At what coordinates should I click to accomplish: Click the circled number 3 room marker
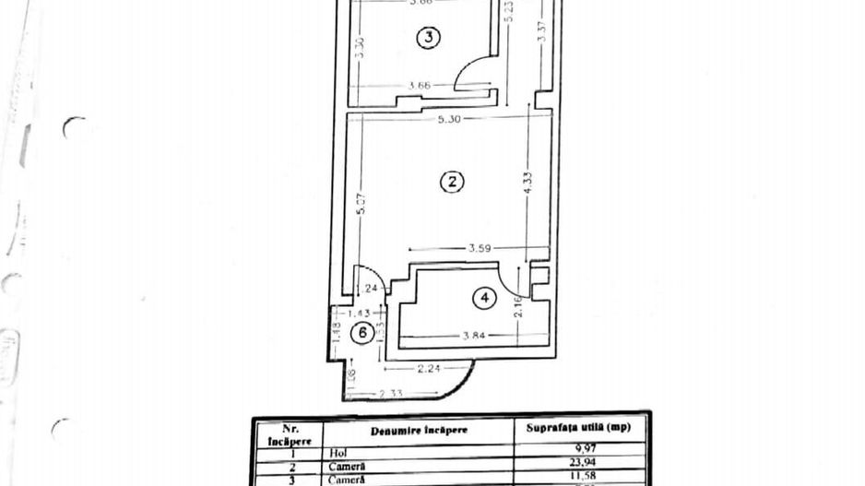point(428,37)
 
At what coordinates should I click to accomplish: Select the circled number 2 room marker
point(451,182)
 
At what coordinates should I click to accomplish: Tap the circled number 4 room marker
point(484,298)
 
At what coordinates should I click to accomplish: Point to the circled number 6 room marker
point(363,333)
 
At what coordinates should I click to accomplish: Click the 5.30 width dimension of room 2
point(449,120)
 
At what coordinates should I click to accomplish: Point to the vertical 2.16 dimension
point(518,305)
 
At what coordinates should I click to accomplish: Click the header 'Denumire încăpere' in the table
point(419,430)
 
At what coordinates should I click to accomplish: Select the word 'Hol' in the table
point(337,454)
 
